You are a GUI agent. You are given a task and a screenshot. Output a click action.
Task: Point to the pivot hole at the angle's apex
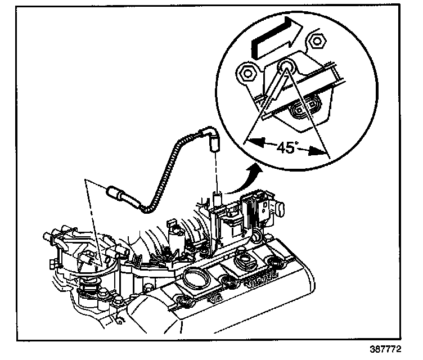tap(287, 67)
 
